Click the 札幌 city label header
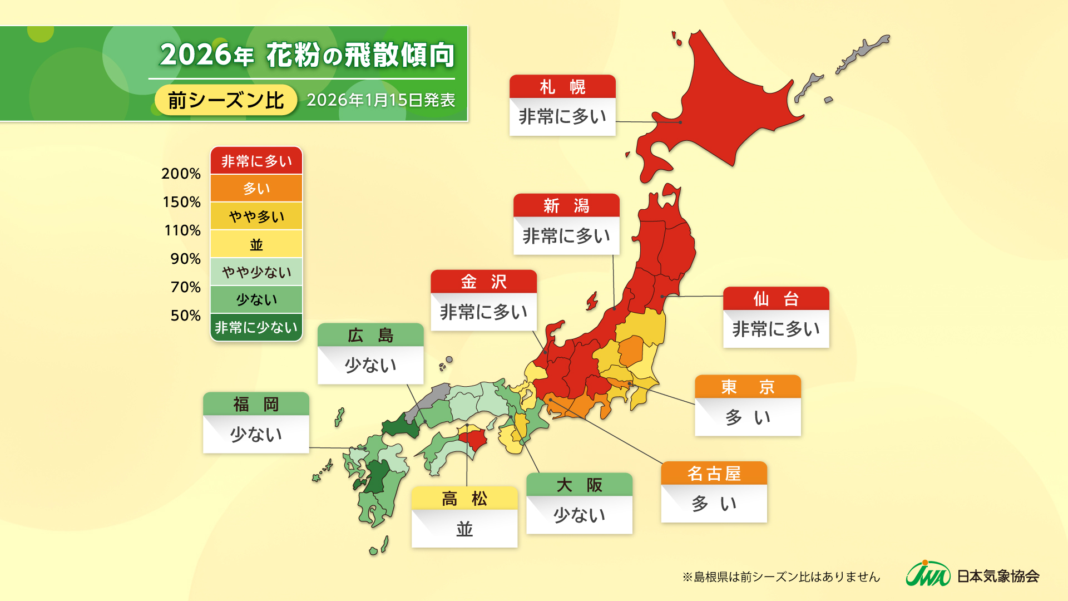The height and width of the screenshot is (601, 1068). coord(562,87)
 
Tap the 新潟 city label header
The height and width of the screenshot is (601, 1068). coord(566,205)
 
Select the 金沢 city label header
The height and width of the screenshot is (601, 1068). coord(483,282)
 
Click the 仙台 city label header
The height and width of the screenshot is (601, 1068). coord(776,299)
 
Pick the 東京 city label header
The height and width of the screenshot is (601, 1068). coord(748,386)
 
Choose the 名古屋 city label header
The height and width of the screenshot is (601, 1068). coord(714,473)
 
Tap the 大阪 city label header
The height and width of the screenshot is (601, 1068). coord(579,485)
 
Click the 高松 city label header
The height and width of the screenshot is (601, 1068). coord(464,498)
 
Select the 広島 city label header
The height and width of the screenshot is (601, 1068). coord(370,335)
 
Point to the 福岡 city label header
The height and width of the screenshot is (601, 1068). coord(256,404)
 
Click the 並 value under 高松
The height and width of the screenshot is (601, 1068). coord(464,529)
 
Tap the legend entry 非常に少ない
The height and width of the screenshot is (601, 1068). coord(256,327)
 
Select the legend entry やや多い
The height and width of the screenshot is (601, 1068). coord(256,216)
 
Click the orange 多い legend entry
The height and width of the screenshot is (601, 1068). coord(256,188)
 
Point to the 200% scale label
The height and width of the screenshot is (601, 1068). coord(181,174)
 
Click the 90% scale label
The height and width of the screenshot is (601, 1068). coord(185,259)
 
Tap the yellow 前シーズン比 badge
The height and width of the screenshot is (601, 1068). coord(226,100)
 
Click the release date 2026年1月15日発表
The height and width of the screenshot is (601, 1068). coord(381,100)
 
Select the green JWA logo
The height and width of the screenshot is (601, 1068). coord(928,574)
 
